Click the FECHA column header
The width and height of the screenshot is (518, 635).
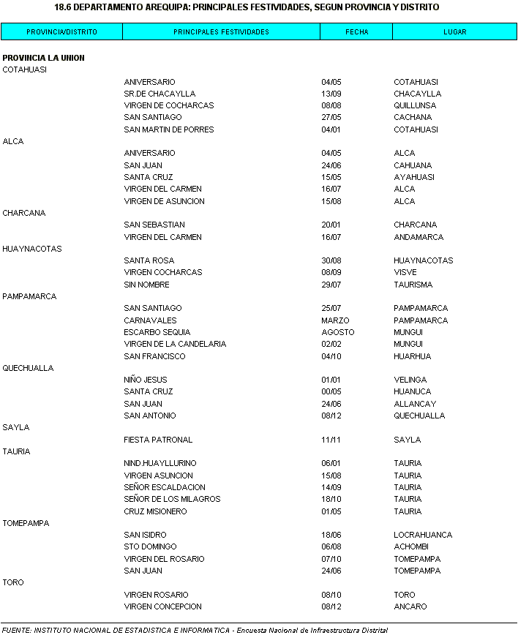click(356, 32)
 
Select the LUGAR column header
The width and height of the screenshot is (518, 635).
click(454, 32)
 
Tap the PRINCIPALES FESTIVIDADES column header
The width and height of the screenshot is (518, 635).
click(221, 32)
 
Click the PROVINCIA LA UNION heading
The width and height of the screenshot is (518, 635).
click(43, 58)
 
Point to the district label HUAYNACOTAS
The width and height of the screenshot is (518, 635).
click(32, 249)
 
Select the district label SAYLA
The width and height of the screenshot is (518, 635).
click(16, 427)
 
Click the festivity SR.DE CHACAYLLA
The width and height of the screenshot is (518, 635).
click(159, 94)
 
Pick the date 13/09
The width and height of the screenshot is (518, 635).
click(331, 94)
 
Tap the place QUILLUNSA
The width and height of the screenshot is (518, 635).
click(414, 105)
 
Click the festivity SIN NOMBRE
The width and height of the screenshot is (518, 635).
click(146, 285)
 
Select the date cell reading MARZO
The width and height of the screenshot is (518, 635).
click(335, 320)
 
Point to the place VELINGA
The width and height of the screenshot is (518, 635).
click(410, 380)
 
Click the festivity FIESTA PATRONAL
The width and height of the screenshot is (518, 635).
click(158, 440)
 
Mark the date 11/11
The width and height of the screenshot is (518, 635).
click(331, 440)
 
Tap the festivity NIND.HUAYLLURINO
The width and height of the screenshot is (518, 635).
click(160, 463)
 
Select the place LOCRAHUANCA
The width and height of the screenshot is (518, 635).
click(423, 535)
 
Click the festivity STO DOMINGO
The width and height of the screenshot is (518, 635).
click(150, 546)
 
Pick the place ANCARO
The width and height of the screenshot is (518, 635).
click(410, 606)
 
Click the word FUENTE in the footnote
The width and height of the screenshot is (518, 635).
click(16, 630)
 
